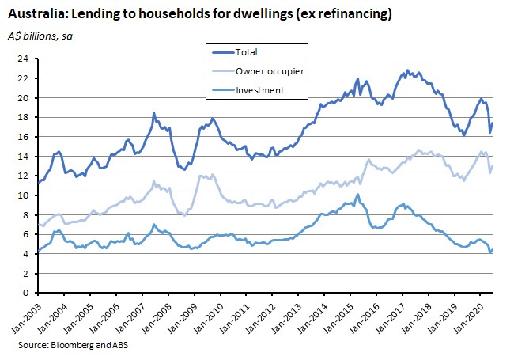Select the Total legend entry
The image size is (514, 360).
[235, 52]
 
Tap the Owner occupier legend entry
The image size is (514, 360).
[258, 71]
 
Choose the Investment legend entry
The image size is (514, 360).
[248, 90]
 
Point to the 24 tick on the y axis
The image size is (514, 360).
[25, 59]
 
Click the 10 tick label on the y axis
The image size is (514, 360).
[25, 195]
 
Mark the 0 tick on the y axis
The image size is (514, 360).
[26, 293]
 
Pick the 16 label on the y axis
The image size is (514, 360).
[25, 137]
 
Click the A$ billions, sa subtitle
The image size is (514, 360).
[40, 36]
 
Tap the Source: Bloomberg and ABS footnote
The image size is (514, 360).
[73, 345]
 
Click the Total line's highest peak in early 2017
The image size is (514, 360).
[407, 70]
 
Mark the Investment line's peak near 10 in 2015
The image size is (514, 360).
[357, 194]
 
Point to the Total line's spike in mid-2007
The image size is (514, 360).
[153, 113]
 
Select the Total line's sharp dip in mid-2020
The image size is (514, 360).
[490, 132]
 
